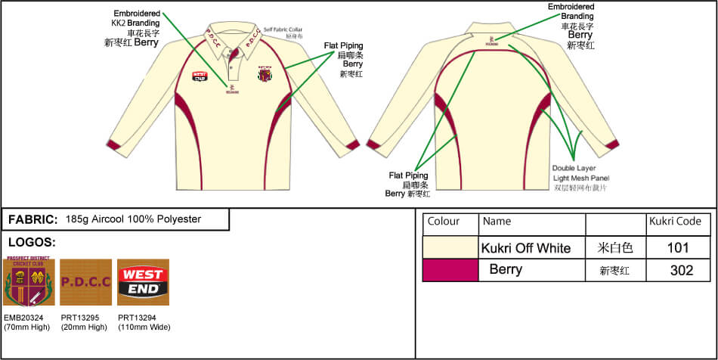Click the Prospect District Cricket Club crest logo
click(29, 281)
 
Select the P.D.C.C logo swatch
click(85, 281)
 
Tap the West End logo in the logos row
click(143, 281)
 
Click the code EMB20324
click(24, 318)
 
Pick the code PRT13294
click(138, 318)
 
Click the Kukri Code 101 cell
click(678, 247)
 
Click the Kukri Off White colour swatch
click(450, 247)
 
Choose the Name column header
click(497, 222)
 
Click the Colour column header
click(444, 222)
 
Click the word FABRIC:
click(33, 219)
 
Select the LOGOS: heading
click(32, 243)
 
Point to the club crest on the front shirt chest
click(265, 74)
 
